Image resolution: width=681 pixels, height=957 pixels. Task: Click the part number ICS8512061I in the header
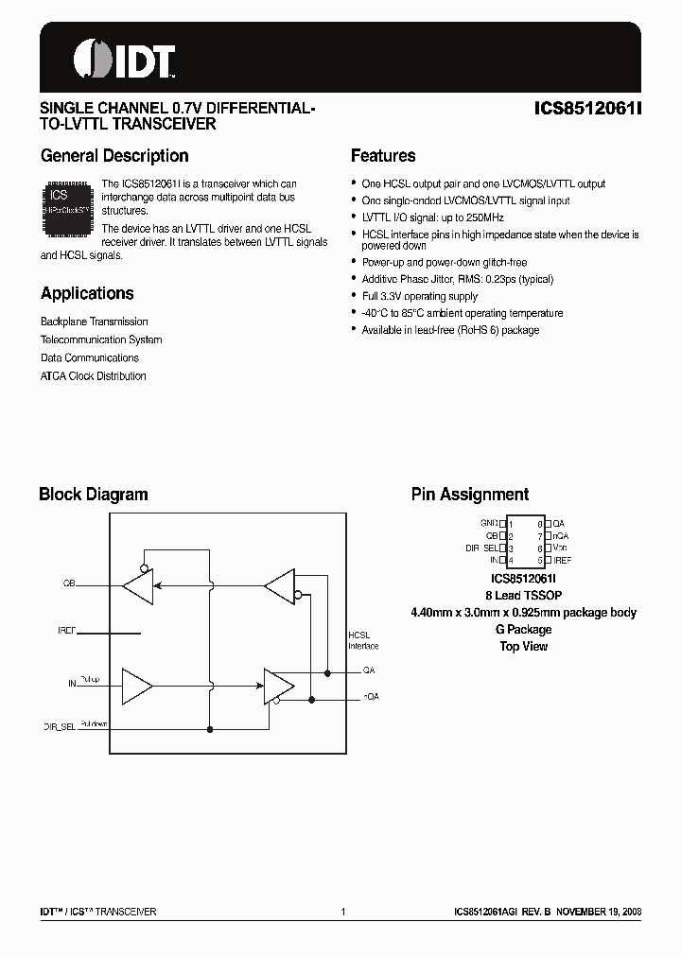coord(588,109)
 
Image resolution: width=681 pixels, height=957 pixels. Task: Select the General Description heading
coord(114,156)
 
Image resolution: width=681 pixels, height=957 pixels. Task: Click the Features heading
coord(383,156)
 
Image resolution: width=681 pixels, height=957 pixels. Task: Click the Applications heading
coord(87,293)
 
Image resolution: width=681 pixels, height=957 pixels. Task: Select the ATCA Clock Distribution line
coord(94,375)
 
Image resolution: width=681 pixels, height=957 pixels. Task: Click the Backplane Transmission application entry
coord(95,322)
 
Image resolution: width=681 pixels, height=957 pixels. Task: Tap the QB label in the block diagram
coord(69,584)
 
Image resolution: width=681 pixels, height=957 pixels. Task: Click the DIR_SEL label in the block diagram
coord(60,728)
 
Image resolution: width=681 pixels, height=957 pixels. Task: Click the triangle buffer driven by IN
coord(138,683)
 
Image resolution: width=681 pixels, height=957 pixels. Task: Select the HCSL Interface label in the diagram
coord(362,640)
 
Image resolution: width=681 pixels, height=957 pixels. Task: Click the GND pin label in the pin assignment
coord(488,523)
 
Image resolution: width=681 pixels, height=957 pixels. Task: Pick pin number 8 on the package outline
coord(539,523)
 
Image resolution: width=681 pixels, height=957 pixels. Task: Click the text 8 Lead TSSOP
coord(523,595)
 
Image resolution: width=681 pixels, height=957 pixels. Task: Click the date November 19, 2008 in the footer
coord(598,912)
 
